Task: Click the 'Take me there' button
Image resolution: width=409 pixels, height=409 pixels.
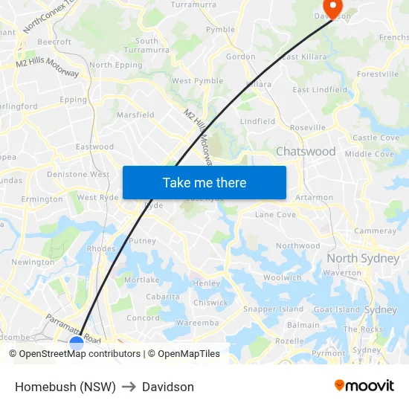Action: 204,182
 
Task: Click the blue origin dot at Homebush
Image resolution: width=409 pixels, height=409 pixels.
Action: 77,343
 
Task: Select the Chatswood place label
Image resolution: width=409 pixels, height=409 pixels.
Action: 306,152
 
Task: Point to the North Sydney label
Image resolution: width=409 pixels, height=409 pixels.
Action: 363,259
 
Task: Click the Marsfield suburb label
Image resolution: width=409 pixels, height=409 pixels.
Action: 135,115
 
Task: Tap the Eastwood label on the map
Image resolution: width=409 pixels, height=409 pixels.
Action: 94,147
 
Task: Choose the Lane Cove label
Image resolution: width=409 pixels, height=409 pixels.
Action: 275,215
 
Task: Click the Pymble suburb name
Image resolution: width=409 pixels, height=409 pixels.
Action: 220,30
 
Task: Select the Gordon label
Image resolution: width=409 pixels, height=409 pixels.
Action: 240,57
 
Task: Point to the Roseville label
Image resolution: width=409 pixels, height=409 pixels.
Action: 308,128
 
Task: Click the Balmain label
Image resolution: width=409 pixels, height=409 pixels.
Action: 303,325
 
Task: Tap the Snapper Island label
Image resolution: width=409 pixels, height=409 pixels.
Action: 273,309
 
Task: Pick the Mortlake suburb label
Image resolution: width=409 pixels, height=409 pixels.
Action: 141,280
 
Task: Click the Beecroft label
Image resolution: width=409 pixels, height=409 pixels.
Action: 54,42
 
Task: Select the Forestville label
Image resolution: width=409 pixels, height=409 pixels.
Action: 378,74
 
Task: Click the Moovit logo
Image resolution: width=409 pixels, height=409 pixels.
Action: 364,385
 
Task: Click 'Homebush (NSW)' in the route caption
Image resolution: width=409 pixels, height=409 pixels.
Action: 65,387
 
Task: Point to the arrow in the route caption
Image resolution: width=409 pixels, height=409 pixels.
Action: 129,387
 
